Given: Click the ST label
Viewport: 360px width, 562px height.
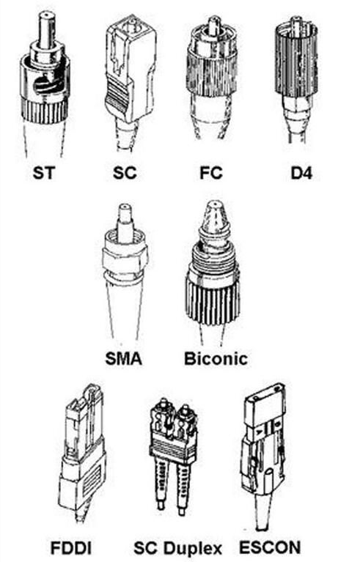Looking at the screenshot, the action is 44,173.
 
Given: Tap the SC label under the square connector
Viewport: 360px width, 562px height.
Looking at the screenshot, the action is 125,173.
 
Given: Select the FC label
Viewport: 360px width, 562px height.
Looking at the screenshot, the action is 211,173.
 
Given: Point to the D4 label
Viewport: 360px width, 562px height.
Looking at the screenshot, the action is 301,173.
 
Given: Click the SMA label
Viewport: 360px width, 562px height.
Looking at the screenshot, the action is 124,358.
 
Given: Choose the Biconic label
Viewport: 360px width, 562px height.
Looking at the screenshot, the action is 216,358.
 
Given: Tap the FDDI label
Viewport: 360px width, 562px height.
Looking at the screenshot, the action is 71,548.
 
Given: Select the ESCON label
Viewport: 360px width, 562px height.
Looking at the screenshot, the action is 270,547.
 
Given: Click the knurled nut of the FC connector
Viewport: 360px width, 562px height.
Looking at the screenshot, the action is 213,72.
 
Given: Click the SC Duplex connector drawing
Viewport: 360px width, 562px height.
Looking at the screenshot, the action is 174,454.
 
